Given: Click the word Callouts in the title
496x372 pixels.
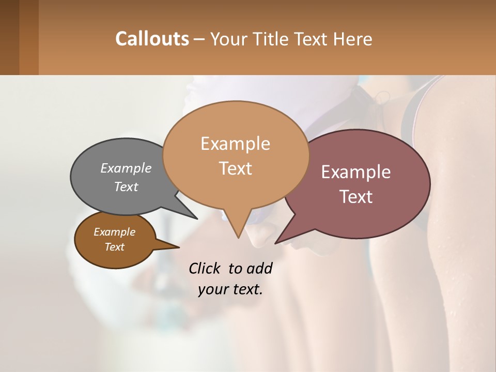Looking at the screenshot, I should coord(152,39).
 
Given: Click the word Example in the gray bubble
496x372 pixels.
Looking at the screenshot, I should coord(126,168).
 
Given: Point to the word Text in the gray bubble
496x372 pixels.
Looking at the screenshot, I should coord(126,187).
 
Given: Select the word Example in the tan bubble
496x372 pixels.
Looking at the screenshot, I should coord(235,144).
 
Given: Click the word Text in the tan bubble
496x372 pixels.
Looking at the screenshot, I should coord(235,168).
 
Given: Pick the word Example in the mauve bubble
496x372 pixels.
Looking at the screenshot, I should coord(356,172).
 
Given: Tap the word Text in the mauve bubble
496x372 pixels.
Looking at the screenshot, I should coord(356,196).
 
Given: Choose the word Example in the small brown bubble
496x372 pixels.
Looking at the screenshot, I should coord(114,232).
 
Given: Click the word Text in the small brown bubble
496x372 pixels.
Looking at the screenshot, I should coord(114,247).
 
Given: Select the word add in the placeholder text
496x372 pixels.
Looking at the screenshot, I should coord(259,268).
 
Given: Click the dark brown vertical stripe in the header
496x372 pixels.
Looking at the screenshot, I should coord(9,37).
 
